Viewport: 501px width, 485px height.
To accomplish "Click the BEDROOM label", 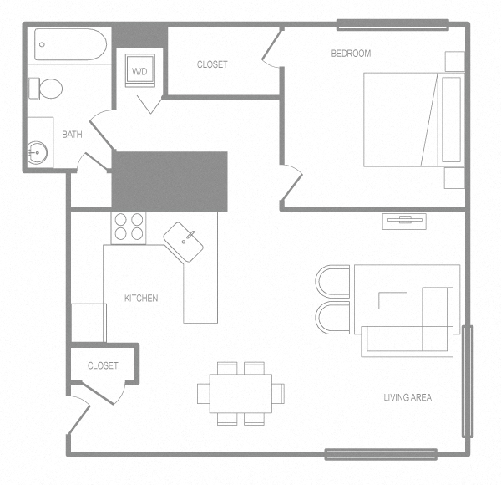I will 351,54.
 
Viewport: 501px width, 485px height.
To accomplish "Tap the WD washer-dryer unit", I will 139,72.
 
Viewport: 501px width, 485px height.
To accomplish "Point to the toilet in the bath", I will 48,88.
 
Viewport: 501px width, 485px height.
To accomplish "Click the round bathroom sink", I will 37,151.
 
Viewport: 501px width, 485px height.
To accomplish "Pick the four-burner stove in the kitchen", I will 129,227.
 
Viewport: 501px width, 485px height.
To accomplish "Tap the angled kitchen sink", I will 184,242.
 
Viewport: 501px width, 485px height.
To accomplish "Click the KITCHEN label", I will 141,299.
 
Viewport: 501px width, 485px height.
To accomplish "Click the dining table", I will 240,392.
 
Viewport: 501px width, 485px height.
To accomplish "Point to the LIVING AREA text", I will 407,397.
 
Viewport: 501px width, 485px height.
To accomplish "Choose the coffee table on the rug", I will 393,299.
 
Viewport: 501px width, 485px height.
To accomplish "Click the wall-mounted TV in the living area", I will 404,221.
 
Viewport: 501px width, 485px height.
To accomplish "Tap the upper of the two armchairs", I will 333,281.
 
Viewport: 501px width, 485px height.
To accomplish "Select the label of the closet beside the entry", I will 103,365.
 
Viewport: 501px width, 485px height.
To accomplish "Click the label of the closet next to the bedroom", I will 212,64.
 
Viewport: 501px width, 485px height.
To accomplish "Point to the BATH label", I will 71,134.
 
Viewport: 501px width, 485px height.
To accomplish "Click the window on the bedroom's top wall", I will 392,23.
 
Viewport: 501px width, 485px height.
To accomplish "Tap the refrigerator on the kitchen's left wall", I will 89,322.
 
